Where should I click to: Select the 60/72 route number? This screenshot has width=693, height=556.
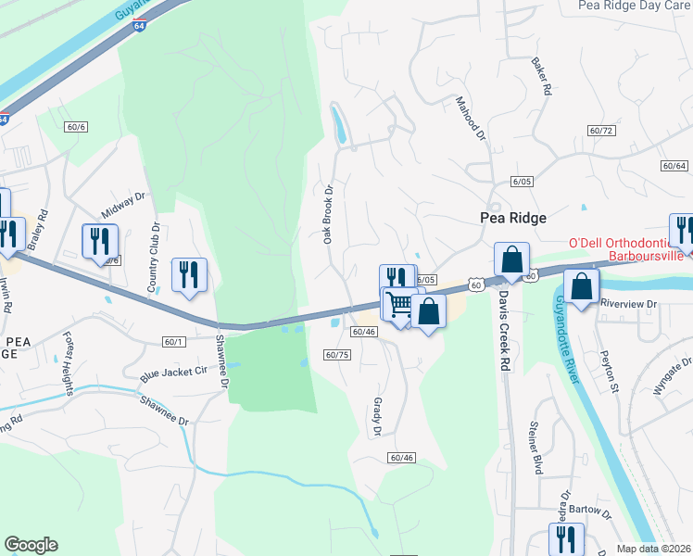coord(601,131)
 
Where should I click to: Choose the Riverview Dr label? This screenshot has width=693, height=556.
coord(627,303)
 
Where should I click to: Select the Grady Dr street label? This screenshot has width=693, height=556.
coord(377,416)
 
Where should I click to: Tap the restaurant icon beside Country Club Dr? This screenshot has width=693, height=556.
coord(188,274)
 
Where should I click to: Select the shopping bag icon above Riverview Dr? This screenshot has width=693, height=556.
coord(581,285)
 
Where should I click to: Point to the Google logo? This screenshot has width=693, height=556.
coord(31,545)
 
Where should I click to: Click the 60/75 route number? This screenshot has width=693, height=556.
coord(337,354)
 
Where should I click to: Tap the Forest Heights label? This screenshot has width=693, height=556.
coord(69,362)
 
